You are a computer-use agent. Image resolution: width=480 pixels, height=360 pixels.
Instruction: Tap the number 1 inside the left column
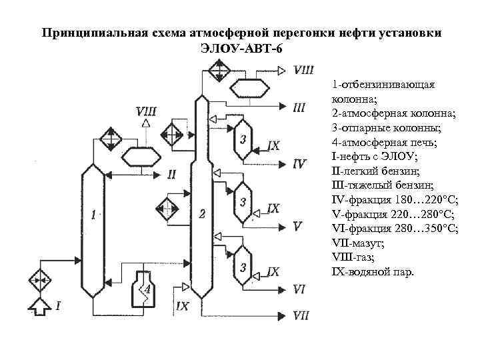tap(94, 214)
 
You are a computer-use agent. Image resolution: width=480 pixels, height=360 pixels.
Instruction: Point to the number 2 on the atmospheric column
tap(202, 213)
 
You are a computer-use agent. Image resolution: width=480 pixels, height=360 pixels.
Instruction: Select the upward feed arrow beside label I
tap(39, 307)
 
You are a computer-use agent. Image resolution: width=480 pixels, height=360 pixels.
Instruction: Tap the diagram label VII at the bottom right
tap(301, 315)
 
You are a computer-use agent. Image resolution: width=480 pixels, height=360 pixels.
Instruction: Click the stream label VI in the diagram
tap(299, 289)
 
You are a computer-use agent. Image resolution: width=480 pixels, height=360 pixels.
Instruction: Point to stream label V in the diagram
tap(297, 226)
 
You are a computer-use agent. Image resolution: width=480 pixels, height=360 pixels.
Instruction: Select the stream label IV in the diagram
tap(299, 163)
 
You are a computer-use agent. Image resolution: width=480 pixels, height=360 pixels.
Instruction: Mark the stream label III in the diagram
tap(299, 107)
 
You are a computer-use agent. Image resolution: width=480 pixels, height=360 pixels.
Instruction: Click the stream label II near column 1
tap(172, 174)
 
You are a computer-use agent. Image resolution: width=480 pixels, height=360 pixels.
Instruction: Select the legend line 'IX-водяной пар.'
tap(372, 272)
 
